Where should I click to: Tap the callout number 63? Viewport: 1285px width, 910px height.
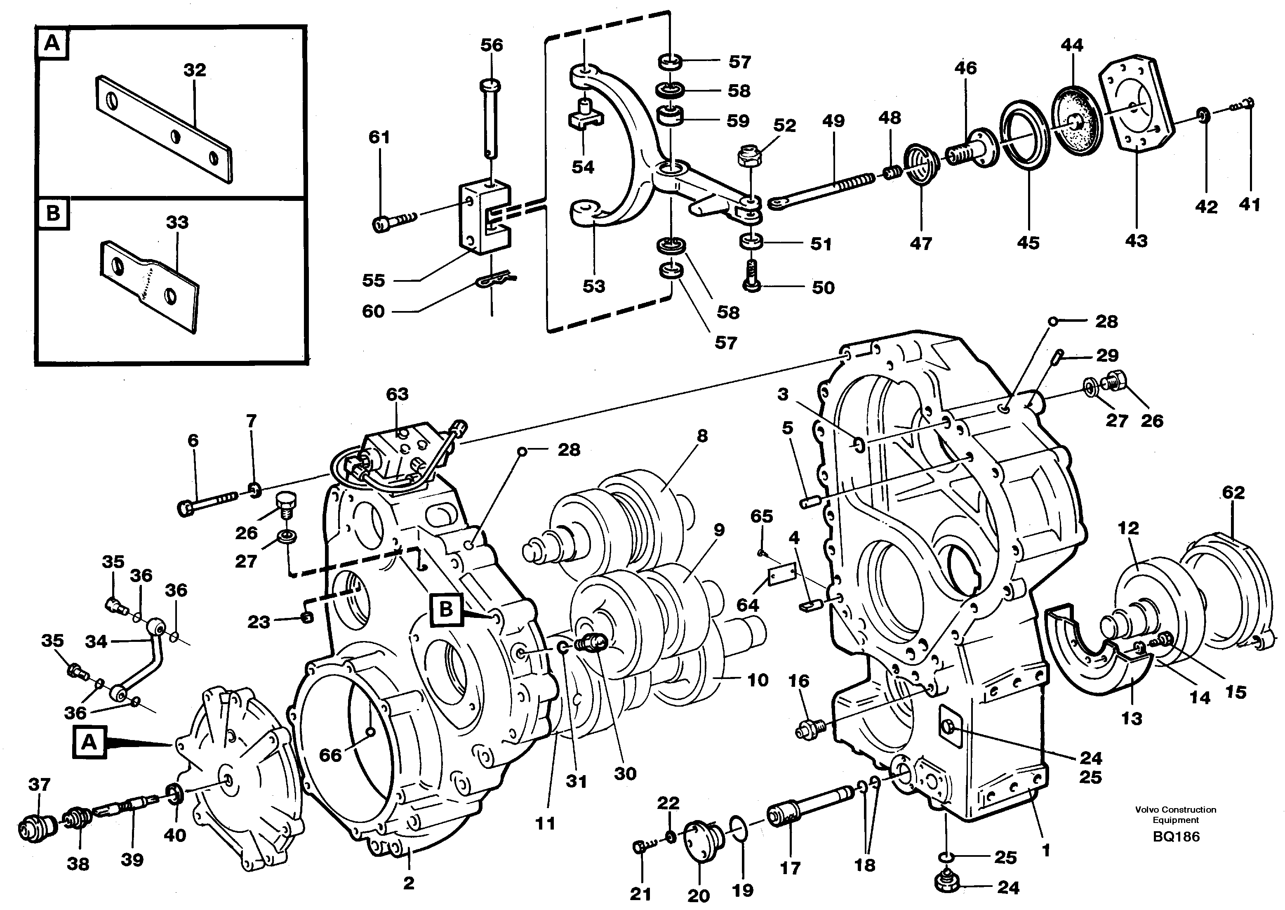(x=397, y=394)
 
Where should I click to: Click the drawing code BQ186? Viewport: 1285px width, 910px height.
(x=1176, y=837)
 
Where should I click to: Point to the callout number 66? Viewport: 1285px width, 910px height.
(x=330, y=755)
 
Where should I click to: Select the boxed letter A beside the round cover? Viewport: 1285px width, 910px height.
(x=89, y=743)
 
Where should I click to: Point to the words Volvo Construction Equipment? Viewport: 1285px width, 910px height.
(x=1176, y=814)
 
